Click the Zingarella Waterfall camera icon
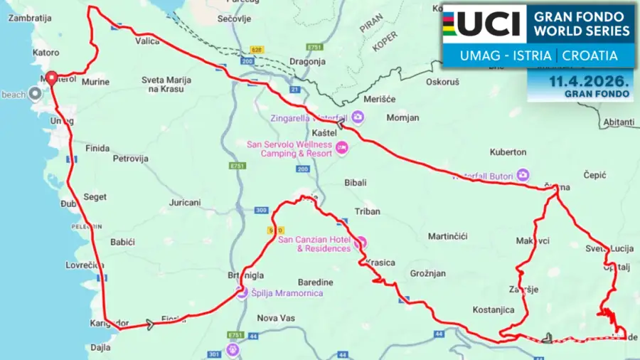(358, 117)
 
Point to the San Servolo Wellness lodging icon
(342, 148)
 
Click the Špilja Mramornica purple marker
(242, 292)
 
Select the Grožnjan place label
(427, 273)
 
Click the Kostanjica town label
(493, 310)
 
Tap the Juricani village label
(185, 203)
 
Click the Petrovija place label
(130, 159)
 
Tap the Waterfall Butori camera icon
(523, 174)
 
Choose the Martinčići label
(447, 236)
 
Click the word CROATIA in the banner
(592, 55)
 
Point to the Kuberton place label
(508, 152)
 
